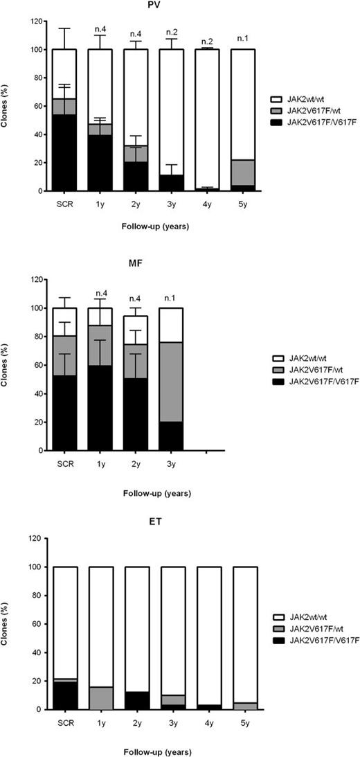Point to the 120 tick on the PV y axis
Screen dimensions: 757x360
tap(33, 21)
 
